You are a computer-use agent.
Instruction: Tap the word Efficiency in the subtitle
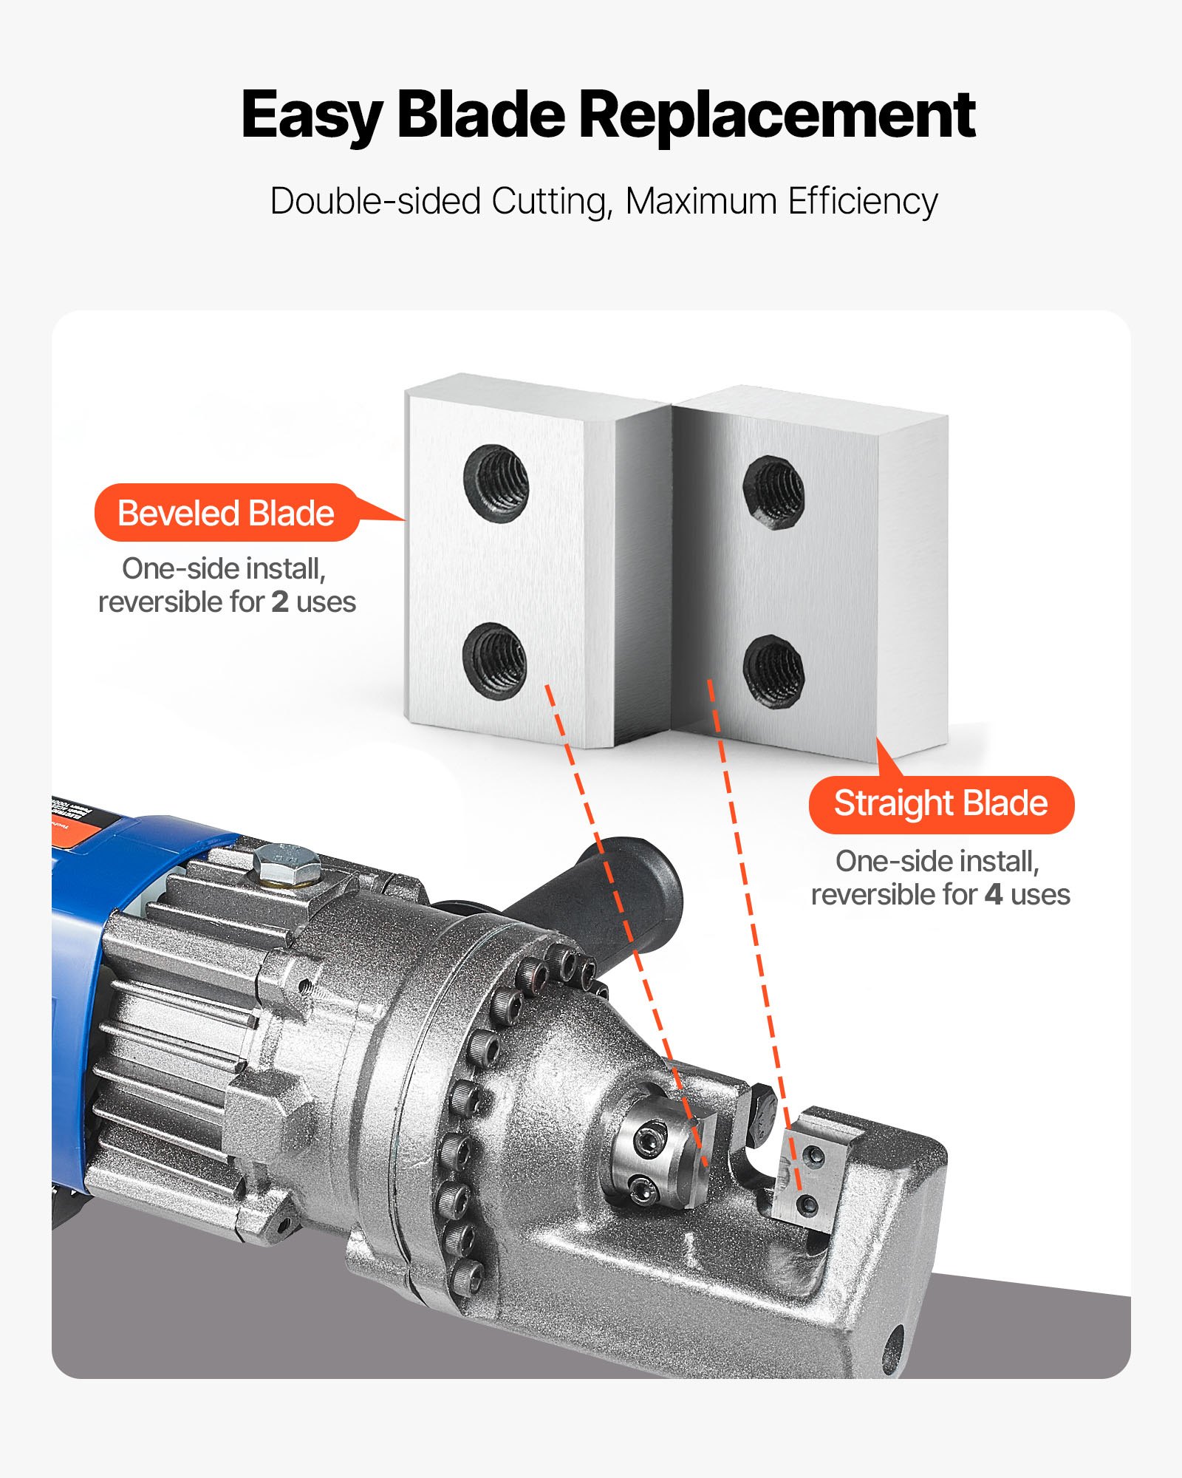click(x=862, y=202)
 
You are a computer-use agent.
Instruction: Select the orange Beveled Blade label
click(x=226, y=513)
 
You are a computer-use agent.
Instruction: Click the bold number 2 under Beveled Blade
click(x=279, y=602)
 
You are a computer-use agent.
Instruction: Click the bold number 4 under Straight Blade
click(x=993, y=895)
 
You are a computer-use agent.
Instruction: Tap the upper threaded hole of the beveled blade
click(x=496, y=483)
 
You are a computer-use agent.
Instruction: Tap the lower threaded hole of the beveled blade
click(x=494, y=660)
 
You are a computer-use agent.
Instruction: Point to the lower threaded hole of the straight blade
click(x=773, y=671)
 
